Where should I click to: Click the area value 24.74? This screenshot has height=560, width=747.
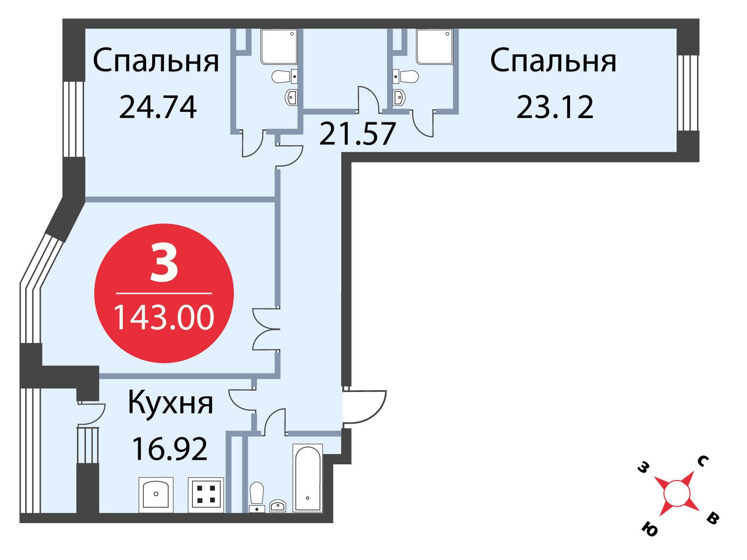pos(158,107)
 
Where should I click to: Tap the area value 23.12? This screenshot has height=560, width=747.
pos(555,107)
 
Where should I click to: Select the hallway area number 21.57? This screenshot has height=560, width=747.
pos(357,133)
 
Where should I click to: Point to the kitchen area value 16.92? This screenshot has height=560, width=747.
pos(169,449)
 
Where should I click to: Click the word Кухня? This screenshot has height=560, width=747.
pos(170,404)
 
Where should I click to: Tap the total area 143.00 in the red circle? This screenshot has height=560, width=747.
pos(164,318)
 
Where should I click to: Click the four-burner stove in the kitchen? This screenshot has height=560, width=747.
pos(206,495)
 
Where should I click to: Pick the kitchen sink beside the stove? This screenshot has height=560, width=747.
pos(156,495)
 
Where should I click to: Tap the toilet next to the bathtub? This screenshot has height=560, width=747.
pos(257,497)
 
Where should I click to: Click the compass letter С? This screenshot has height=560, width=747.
pos(703,462)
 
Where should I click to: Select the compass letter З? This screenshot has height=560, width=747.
pos(642,469)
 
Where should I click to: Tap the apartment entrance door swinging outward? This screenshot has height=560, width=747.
pos(364,406)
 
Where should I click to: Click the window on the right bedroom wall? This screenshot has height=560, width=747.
pos(687,93)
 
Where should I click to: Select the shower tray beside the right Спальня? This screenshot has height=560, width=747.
pos(434,47)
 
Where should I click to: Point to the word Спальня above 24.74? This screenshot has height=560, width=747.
pos(156,61)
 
